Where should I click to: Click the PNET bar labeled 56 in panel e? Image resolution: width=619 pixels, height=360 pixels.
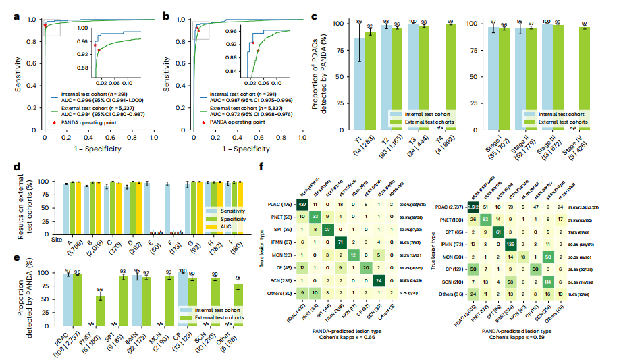point(100,298)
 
